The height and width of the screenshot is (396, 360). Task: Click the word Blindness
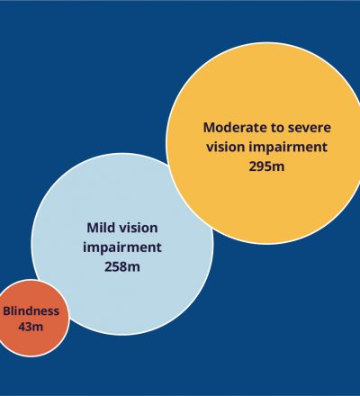tap(31, 310)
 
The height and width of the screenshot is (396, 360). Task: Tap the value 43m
tap(31, 327)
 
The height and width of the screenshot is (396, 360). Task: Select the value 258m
tap(122, 266)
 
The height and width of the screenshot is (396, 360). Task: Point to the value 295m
tap(266, 166)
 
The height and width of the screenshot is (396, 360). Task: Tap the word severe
tap(310, 128)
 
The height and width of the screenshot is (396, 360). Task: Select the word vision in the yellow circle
tap(226, 147)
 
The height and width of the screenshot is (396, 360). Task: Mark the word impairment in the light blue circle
tap(122, 247)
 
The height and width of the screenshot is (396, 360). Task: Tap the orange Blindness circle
tap(31, 318)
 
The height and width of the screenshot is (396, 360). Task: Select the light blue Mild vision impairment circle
tap(122, 244)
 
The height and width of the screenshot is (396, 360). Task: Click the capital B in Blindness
tap(7, 310)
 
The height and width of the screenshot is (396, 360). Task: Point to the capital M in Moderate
tap(210, 127)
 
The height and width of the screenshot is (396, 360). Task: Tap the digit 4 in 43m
tap(22, 327)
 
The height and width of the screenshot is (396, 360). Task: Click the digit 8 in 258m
tap(123, 266)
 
